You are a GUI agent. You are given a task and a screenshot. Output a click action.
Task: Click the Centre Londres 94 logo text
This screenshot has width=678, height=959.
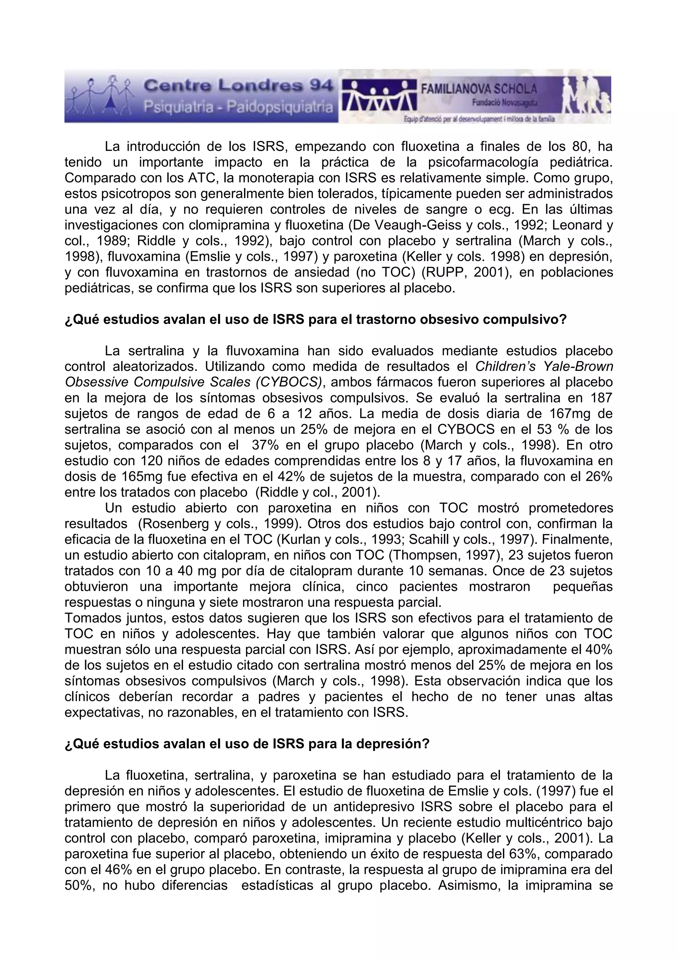point(238,87)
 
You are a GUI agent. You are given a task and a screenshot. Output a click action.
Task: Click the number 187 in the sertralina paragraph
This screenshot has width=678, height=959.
point(600,398)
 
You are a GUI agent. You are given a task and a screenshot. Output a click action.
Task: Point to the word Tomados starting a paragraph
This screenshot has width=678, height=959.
point(89,618)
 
